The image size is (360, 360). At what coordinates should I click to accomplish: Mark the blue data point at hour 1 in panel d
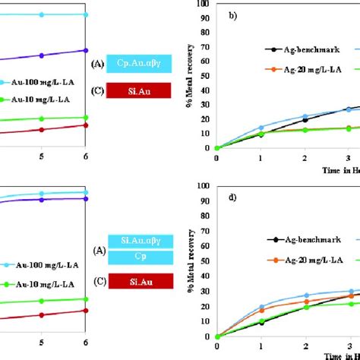(261, 307)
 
